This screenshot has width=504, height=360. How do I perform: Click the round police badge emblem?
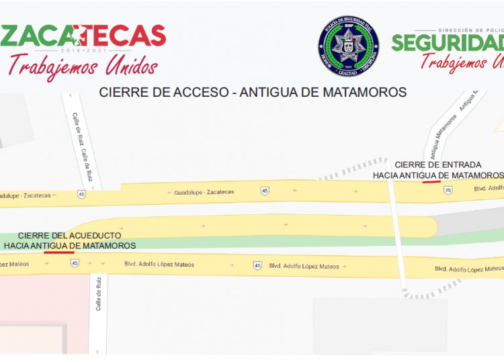[348, 46]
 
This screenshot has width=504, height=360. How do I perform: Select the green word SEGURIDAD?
[448, 42]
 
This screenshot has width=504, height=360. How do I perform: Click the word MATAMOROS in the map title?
[365, 92]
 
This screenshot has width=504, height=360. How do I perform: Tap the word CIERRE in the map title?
[121, 92]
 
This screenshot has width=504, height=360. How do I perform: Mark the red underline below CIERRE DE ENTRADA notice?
[431, 181]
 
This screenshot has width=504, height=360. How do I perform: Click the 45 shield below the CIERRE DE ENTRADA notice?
[448, 190]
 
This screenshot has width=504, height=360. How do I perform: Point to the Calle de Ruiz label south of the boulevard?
[98, 294]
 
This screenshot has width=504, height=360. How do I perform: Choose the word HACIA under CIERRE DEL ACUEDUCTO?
[21, 246]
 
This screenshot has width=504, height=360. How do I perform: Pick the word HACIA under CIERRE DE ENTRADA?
[386, 175]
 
